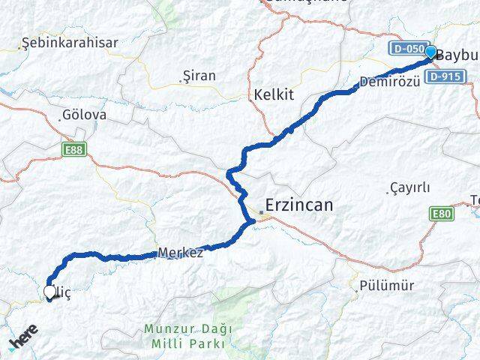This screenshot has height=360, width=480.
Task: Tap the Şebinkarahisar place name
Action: pyautogui.click(x=70, y=43)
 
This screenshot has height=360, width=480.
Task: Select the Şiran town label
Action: pyautogui.click(x=199, y=76)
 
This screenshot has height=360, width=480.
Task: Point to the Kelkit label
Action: pyautogui.click(x=273, y=94)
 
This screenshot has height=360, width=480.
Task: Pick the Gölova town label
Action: pyautogui.click(x=85, y=116)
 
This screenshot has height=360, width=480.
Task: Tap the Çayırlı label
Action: pyautogui.click(x=410, y=187)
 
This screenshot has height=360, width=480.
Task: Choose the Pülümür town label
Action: pyautogui.click(x=386, y=286)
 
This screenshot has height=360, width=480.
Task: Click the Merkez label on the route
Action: pyautogui.click(x=181, y=253)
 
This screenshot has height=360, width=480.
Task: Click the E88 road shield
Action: pyautogui.click(x=73, y=150)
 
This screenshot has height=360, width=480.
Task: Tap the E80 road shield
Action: pyautogui.click(x=442, y=214)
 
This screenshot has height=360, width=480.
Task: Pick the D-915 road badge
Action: pyautogui.click(x=448, y=76)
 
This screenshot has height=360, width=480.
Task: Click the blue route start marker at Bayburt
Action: pyautogui.click(x=430, y=52)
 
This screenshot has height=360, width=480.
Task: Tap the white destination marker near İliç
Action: pyautogui.click(x=50, y=292)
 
